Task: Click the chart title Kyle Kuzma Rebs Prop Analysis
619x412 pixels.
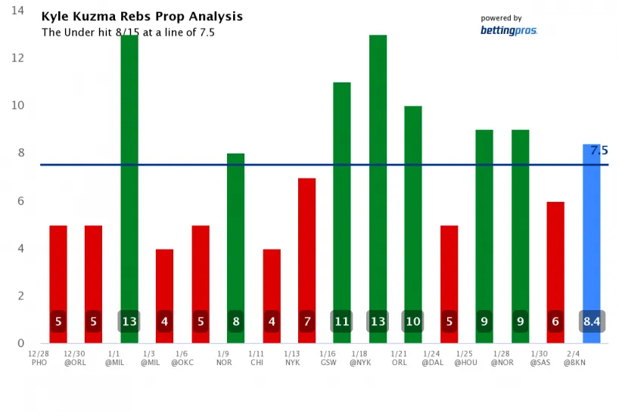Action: (x=142, y=17)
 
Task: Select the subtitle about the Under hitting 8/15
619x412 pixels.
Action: (x=129, y=33)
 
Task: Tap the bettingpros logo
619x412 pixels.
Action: (x=509, y=30)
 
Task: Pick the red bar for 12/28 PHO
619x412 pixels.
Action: (x=58, y=272)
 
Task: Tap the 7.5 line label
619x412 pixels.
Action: (x=599, y=151)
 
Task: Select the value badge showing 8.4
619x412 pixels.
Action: (x=592, y=321)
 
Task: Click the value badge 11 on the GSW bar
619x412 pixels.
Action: (x=342, y=321)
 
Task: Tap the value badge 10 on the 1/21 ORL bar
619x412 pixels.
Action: (x=413, y=321)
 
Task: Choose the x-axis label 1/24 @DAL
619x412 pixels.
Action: (x=432, y=358)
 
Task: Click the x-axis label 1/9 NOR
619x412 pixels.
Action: (x=223, y=358)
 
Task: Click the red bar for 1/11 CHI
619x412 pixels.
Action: (x=272, y=280)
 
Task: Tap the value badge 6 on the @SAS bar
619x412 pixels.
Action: (x=555, y=321)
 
